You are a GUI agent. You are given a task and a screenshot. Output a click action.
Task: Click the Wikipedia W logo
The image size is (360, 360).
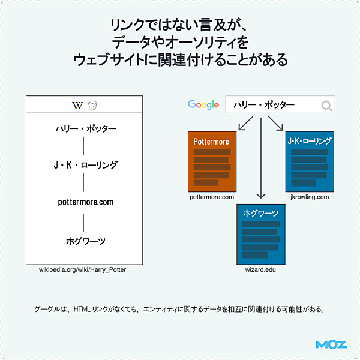(77, 105)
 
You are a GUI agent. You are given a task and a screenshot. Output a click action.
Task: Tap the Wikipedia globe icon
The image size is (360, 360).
(91, 105)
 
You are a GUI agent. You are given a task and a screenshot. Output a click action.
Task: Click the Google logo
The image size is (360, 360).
(203, 104)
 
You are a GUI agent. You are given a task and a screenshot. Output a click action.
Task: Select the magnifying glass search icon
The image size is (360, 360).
(326, 106)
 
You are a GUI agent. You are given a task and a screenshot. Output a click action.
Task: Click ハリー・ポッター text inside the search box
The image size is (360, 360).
(263, 105)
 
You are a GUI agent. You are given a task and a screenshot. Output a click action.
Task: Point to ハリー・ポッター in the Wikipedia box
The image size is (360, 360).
(85, 128)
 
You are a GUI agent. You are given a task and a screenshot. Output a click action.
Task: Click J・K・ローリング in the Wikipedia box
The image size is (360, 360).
(85, 165)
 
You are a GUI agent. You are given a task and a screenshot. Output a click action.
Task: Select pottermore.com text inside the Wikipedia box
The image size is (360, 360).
(85, 202)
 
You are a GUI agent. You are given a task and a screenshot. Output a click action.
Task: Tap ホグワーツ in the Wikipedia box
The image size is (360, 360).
(85, 241)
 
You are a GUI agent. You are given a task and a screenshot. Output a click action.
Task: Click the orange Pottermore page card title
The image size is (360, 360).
(211, 142)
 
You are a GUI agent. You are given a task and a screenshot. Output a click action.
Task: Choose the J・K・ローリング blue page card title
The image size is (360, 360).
(309, 142)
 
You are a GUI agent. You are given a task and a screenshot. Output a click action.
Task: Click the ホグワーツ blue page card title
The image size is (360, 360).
(260, 214)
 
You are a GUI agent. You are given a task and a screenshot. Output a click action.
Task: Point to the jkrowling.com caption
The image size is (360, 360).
(310, 197)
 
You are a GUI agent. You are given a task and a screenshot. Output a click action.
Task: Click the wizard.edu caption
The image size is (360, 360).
(260, 269)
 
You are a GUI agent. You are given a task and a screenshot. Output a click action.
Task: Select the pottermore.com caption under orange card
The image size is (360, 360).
(211, 197)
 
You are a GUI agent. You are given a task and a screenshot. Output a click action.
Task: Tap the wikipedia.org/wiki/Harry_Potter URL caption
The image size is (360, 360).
(83, 269)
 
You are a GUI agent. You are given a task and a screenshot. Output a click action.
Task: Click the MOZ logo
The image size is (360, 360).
(331, 345)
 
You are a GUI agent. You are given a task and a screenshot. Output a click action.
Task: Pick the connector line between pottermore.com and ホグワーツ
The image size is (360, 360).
(83, 221)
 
